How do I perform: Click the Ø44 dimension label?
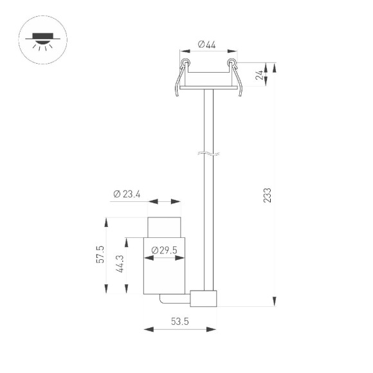[206, 44]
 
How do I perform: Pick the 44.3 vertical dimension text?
[121, 264]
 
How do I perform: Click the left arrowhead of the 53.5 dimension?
[147, 330]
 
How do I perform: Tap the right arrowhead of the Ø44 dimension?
[229, 51]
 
